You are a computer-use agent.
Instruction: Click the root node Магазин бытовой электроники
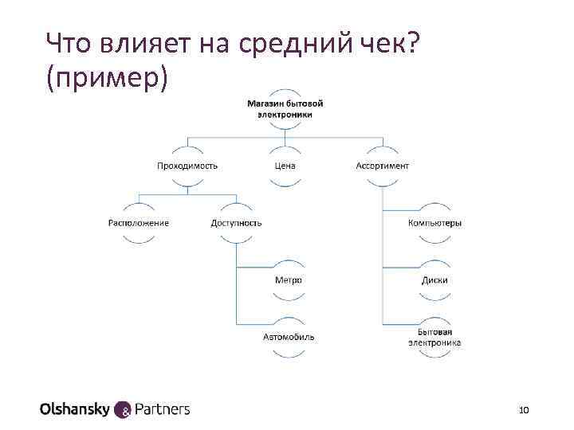coord(285,108)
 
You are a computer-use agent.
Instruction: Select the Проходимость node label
coord(187,166)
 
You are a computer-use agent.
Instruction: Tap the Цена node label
coord(285,166)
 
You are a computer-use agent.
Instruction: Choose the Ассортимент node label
coord(382,166)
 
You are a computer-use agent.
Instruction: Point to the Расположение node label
coord(139,223)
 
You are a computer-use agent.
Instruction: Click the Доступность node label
coord(236,223)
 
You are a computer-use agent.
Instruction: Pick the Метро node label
coord(289,280)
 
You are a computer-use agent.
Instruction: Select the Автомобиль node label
coord(289,337)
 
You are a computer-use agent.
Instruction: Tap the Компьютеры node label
coord(434,223)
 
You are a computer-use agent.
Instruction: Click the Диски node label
coord(434,280)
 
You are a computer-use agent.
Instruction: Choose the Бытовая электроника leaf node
coord(434,337)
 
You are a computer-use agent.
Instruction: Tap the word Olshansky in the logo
coord(76,409)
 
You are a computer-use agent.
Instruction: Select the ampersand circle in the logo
coord(124,410)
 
